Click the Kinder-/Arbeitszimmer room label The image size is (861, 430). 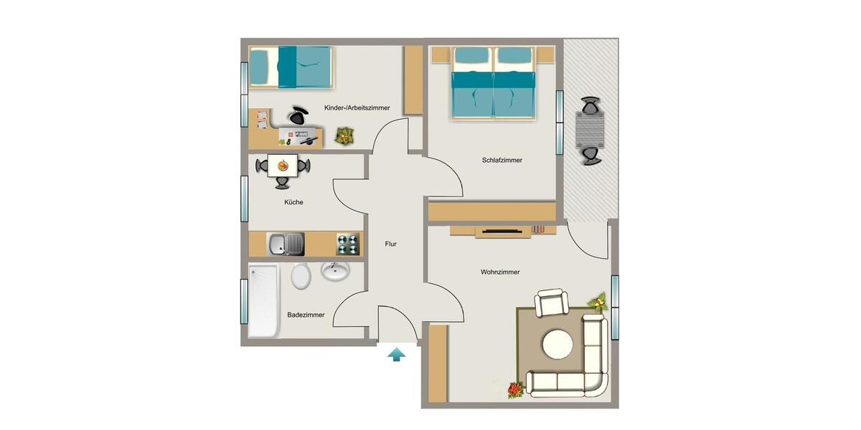pyautogui.click(x=357, y=108)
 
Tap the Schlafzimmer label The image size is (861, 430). pyautogui.click(x=502, y=161)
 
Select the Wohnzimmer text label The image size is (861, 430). pyautogui.click(x=500, y=272)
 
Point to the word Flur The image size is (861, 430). pyautogui.click(x=390, y=244)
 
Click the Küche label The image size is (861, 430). pyautogui.click(x=293, y=203)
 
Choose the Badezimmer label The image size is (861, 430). pyautogui.click(x=306, y=315)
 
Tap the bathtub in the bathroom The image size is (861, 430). pyautogui.click(x=263, y=301)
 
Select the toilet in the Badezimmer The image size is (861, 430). pyautogui.click(x=301, y=276)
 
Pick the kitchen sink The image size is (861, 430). pyautogui.click(x=286, y=244)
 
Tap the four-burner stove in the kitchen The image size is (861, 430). pyautogui.click(x=347, y=244)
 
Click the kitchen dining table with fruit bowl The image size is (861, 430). pyautogui.click(x=283, y=166)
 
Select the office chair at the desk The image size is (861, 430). pyautogui.click(x=298, y=115)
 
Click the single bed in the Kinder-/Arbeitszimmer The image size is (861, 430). pyautogui.click(x=290, y=67)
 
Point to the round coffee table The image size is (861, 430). pyautogui.click(x=557, y=344)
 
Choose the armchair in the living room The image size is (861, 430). pyautogui.click(x=552, y=302)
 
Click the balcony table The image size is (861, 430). pyautogui.click(x=591, y=130)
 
